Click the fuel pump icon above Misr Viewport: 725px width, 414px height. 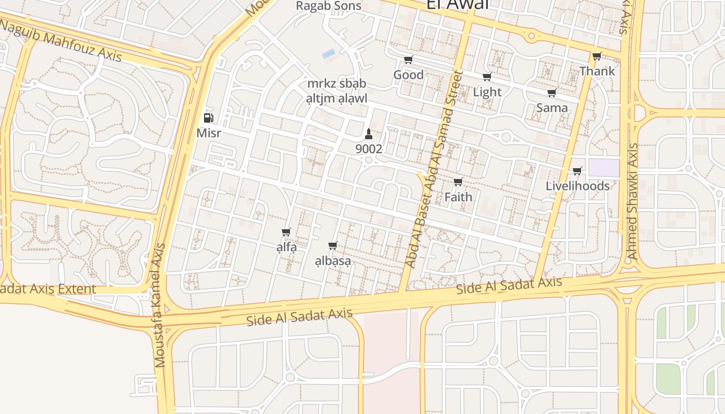pyautogui.click(x=208, y=118)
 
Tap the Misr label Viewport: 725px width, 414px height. pyautogui.click(x=209, y=133)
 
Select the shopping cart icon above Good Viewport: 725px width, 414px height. pyautogui.click(x=409, y=60)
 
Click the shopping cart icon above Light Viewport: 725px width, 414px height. pyautogui.click(x=487, y=77)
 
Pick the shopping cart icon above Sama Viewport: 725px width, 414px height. pyautogui.click(x=552, y=93)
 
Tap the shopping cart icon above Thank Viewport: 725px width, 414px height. pyautogui.click(x=597, y=56)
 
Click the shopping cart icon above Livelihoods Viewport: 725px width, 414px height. pyautogui.click(x=577, y=171)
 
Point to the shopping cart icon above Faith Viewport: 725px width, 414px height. pyautogui.click(x=458, y=182)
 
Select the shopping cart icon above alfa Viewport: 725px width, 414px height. pyautogui.click(x=286, y=232)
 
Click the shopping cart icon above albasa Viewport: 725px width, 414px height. pyautogui.click(x=333, y=246)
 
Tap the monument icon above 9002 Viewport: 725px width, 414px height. pyautogui.click(x=369, y=134)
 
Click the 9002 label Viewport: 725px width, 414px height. pyautogui.click(x=369, y=149)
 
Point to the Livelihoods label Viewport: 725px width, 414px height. pyautogui.click(x=577, y=186)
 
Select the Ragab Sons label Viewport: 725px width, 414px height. pyautogui.click(x=328, y=6)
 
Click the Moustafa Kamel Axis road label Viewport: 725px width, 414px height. pyautogui.click(x=161, y=305)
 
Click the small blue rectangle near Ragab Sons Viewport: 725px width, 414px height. pyautogui.click(x=328, y=53)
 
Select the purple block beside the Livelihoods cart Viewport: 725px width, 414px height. pyautogui.click(x=604, y=168)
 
